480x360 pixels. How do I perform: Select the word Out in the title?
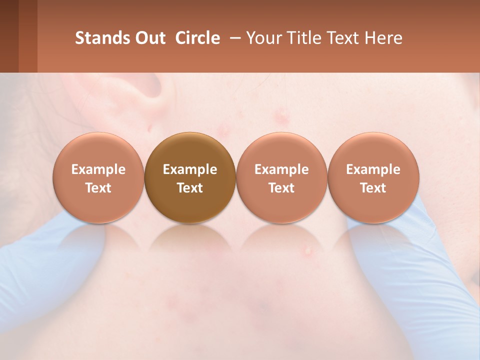(149, 38)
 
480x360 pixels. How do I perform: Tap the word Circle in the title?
(197, 38)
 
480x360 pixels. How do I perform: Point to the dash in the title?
(233, 38)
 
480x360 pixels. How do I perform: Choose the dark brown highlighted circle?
(190, 178)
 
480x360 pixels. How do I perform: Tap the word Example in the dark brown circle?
(190, 169)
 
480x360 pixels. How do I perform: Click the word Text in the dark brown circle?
(190, 188)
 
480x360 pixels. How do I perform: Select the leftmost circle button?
(98, 178)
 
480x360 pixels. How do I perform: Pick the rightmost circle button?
(373, 178)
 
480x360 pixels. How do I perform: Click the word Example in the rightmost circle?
(373, 169)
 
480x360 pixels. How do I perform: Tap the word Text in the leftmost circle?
(98, 188)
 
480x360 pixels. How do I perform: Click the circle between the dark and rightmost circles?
(281, 178)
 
